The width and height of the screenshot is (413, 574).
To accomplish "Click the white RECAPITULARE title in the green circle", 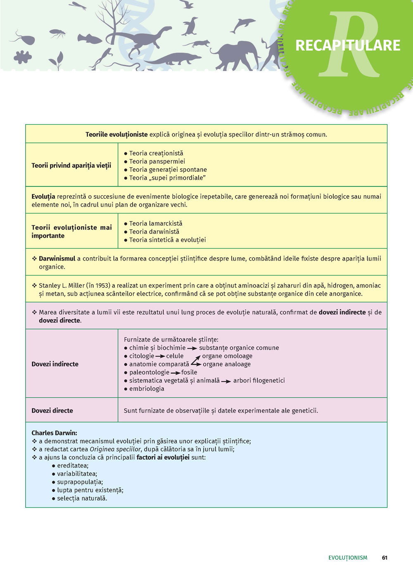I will [x=348, y=45].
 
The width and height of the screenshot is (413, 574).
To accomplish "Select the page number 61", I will [x=385, y=557].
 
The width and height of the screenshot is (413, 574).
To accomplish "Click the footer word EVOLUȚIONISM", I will [x=348, y=557].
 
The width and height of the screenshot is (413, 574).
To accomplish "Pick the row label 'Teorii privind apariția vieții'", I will [x=71, y=166].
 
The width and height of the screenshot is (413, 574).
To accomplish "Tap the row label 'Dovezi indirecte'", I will [x=55, y=364].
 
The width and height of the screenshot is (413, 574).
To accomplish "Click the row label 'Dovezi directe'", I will [x=52, y=410].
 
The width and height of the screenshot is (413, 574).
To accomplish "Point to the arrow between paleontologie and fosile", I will [x=175, y=373].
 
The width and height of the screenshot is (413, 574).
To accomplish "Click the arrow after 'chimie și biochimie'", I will [x=192, y=349].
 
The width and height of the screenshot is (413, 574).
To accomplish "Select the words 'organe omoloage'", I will [x=227, y=356].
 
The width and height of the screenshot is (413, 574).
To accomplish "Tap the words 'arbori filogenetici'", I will [x=259, y=380].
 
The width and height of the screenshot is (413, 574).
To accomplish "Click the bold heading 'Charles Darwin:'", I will [x=54, y=433].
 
